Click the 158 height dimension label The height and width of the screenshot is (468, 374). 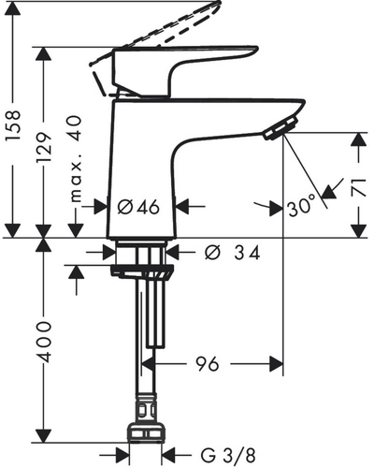point(13,125)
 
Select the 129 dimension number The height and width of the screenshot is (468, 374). point(43,148)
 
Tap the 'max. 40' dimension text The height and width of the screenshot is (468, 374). point(76,159)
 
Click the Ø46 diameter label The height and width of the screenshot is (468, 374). point(138,207)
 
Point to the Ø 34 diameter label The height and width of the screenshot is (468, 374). point(232,253)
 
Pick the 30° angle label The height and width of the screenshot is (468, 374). point(302,209)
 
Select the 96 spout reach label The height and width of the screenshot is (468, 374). point(208,364)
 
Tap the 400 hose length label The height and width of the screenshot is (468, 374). point(43,342)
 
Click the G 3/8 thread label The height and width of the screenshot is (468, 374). point(228,456)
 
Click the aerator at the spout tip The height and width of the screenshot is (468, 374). point(280,128)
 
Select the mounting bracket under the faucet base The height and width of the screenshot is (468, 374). point(142,271)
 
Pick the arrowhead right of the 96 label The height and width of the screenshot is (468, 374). point(277,363)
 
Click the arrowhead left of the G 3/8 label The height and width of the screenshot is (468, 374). point(122,456)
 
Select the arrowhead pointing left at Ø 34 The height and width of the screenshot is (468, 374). point(173,252)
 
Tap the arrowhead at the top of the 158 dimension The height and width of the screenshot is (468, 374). point(13,8)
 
